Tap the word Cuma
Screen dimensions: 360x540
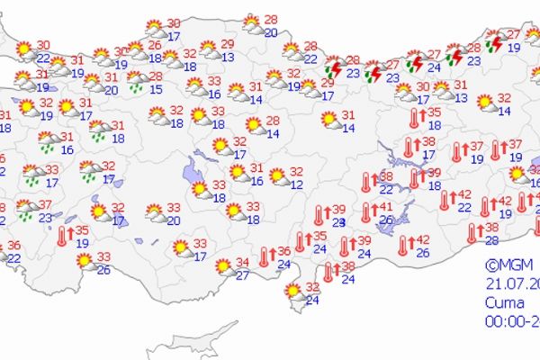pos(502,301)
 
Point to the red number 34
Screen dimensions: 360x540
pos(242,263)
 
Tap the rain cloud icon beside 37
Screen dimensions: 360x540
pos(26,211)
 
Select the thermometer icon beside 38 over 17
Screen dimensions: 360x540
pos(409,147)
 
